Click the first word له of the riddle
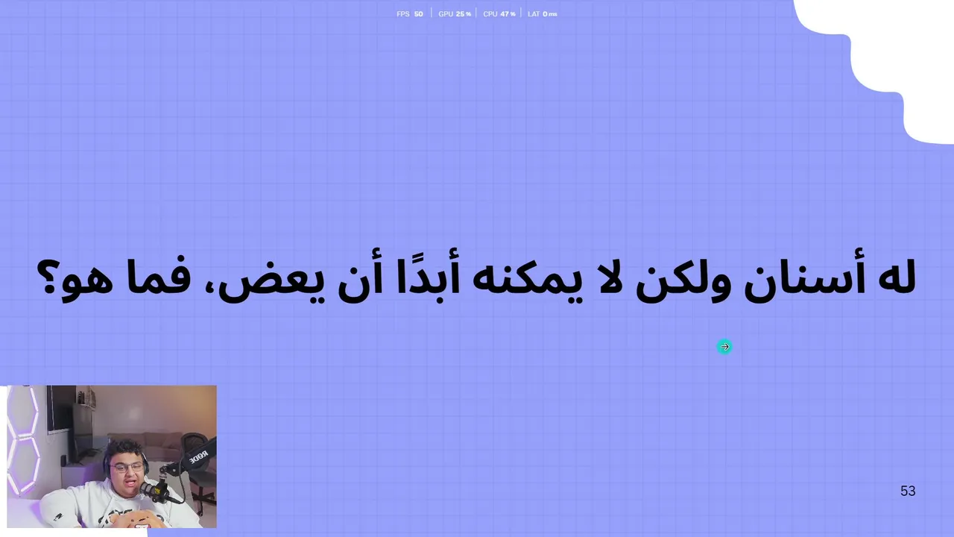click(x=897, y=277)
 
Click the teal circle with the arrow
click(x=724, y=347)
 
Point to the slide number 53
click(x=908, y=491)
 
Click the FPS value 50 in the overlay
click(x=419, y=14)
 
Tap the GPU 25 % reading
click(x=455, y=14)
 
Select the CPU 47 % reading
click(x=499, y=14)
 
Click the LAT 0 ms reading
click(x=542, y=14)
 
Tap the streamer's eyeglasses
click(x=126, y=467)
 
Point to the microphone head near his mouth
click(x=150, y=489)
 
